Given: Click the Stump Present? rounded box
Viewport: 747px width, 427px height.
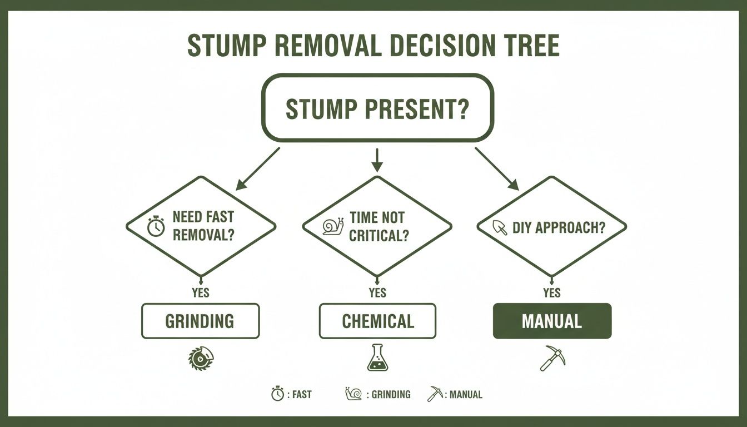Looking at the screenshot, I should tap(377, 108).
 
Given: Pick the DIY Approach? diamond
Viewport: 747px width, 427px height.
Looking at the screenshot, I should tap(552, 226).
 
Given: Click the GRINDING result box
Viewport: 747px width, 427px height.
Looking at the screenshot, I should tap(200, 321).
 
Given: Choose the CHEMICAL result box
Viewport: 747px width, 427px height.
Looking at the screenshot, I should tap(377, 321).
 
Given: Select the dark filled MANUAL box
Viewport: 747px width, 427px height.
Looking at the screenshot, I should tap(552, 321).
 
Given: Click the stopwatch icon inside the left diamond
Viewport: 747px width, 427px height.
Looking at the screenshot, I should tap(156, 227).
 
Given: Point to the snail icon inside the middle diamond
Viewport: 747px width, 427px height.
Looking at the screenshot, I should tap(332, 226).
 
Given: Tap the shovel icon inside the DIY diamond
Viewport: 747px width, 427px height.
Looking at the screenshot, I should tap(500, 227).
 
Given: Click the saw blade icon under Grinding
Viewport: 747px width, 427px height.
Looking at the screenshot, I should tap(200, 358).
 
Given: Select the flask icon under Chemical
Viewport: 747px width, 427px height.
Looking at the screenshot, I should tap(377, 358).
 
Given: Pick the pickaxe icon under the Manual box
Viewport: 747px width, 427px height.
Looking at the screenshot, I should tap(552, 359).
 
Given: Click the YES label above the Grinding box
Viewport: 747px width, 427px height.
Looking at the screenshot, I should tap(200, 293).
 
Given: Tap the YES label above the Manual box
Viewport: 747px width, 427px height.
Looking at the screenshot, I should tap(552, 293).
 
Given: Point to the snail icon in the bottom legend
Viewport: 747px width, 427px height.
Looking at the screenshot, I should tap(352, 394).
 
